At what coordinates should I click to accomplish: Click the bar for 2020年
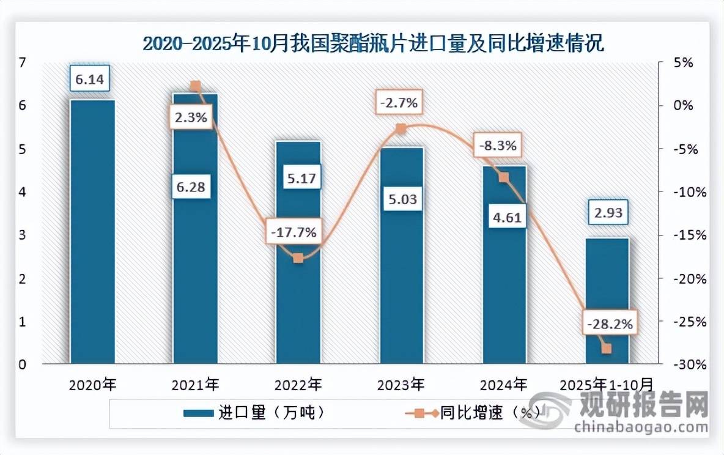click(92, 232)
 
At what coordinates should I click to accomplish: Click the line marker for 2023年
click(401, 128)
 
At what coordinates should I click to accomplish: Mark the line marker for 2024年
click(504, 177)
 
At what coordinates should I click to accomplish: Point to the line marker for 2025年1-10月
click(607, 349)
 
